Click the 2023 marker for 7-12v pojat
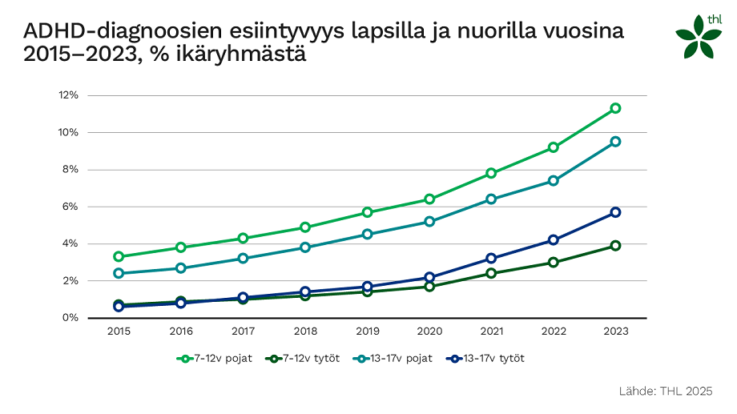(x=615, y=108)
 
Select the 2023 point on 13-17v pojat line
(x=615, y=142)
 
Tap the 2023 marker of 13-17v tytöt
(x=615, y=212)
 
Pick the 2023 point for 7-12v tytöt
(x=615, y=246)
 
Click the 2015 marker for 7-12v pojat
(x=119, y=257)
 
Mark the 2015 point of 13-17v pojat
(x=119, y=273)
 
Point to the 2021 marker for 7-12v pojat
(x=491, y=174)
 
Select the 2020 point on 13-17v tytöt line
(x=429, y=277)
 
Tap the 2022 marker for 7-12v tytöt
(x=554, y=262)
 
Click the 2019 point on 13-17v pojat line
(x=367, y=235)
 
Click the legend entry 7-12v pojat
(x=214, y=358)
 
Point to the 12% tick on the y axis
(x=68, y=95)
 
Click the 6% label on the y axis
(x=70, y=207)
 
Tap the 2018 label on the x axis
(x=305, y=331)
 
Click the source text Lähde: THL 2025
(x=665, y=391)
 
